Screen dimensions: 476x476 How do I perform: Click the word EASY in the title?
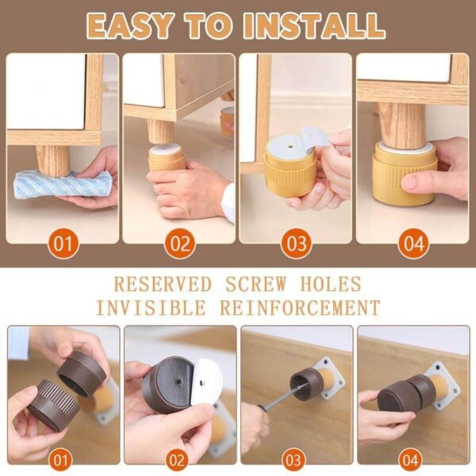tap(129, 25)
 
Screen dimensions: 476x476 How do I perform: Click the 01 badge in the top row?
tap(63, 243)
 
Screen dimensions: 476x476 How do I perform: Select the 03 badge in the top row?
tap(295, 243)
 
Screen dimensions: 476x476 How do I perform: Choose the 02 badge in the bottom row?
tap(180, 459)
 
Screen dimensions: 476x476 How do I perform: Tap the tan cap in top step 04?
tap(405, 175)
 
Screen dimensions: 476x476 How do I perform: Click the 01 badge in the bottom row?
tap(63, 459)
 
